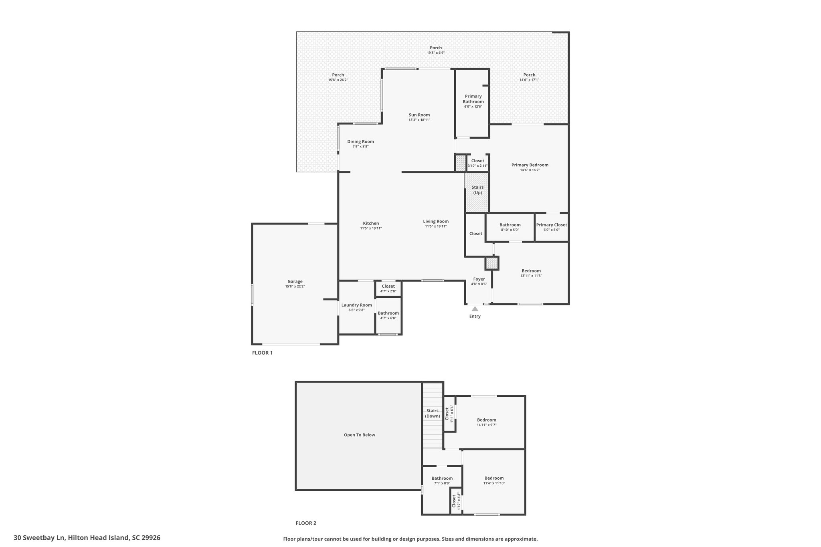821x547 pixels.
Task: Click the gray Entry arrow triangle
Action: tap(475, 309)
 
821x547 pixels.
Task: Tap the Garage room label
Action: tap(295, 281)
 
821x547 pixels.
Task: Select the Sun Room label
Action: tap(419, 115)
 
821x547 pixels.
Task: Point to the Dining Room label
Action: tap(360, 141)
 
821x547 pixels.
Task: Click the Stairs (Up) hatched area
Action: tap(477, 192)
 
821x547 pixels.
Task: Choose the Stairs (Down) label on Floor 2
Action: tap(433, 413)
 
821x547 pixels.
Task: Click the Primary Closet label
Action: tap(552, 225)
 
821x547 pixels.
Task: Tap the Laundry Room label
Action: tap(357, 305)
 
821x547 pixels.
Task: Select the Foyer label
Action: tap(479, 279)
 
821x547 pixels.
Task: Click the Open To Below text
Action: tap(360, 435)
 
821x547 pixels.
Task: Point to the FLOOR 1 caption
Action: tap(262, 353)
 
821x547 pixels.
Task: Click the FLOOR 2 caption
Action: tap(306, 523)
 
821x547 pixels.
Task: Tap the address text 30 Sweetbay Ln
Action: tap(39, 538)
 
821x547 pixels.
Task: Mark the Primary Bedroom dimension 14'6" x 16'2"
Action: tap(530, 170)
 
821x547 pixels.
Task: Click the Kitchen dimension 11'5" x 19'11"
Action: tap(371, 228)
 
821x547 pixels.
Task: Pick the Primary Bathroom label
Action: tap(473, 99)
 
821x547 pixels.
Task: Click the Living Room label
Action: tap(436, 221)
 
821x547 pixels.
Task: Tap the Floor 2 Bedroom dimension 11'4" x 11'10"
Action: tap(494, 483)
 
